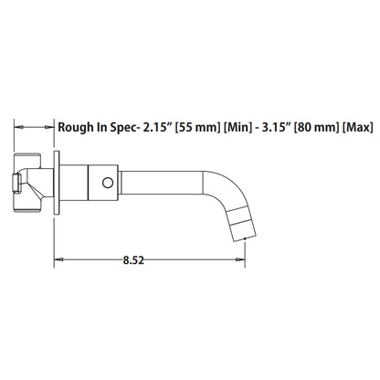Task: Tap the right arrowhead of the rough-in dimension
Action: [x=53, y=127]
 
